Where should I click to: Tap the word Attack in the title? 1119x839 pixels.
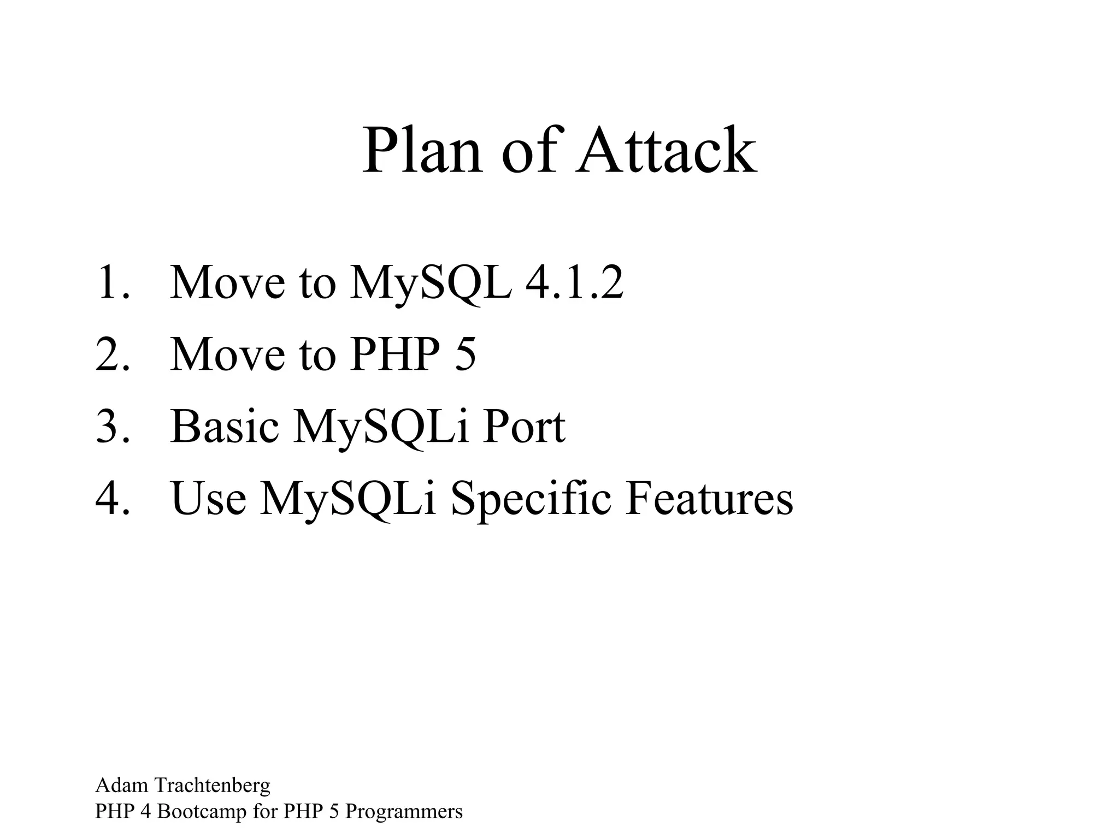click(x=668, y=150)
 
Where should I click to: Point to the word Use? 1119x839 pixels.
click(x=208, y=498)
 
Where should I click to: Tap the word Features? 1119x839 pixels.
click(x=709, y=498)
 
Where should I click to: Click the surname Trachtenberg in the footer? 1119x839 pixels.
click(x=213, y=785)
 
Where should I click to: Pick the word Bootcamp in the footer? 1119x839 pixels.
click(x=202, y=812)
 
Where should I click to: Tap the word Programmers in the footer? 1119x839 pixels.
click(x=404, y=812)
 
